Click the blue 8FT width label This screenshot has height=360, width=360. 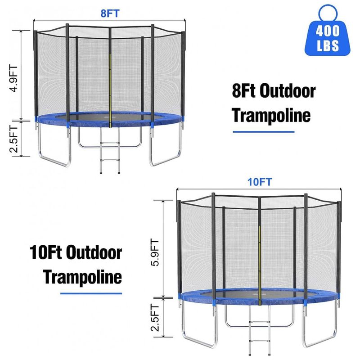(x=110, y=13)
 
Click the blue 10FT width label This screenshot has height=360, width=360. (x=260, y=182)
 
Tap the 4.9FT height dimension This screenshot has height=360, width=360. (x=13, y=78)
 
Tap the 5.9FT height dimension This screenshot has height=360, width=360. (x=154, y=252)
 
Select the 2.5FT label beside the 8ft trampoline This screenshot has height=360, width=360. (x=13, y=139)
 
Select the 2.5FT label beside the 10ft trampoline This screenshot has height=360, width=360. (x=154, y=318)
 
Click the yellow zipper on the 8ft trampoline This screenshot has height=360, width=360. (x=110, y=90)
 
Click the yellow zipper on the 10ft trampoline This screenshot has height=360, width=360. (x=260, y=265)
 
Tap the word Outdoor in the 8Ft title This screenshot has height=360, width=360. (x=288, y=91)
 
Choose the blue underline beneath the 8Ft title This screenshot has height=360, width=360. (x=264, y=132)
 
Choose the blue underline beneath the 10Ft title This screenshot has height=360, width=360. (x=91, y=293)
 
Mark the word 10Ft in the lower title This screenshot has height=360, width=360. (x=46, y=252)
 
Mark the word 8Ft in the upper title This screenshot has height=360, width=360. (x=243, y=91)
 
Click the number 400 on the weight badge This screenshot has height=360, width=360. (x=328, y=31)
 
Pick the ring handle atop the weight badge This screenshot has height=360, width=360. (x=328, y=12)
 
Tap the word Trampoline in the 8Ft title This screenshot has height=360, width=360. (x=271, y=116)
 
